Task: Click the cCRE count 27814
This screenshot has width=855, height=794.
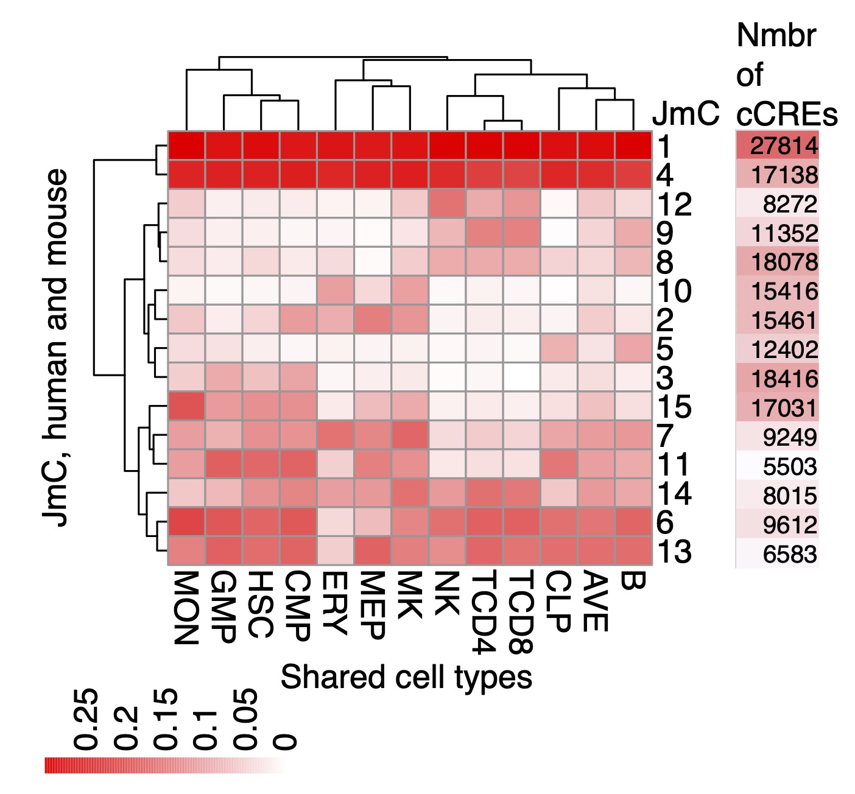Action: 784,146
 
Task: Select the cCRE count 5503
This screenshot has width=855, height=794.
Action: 789,467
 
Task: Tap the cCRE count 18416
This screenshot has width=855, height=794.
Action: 784,379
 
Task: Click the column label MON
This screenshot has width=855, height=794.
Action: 186,608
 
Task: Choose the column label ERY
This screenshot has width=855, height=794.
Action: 334,603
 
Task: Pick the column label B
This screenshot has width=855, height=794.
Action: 633,581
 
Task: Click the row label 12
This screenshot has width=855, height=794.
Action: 675,205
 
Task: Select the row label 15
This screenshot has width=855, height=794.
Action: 675,407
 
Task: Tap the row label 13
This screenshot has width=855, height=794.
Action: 675,552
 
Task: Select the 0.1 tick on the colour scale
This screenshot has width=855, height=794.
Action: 205,729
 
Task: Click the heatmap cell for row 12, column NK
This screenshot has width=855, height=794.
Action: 448,203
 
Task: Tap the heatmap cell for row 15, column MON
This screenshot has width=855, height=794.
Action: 187,406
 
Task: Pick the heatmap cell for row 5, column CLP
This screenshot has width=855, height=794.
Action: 559,348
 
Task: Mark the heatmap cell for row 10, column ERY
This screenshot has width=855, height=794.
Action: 336,290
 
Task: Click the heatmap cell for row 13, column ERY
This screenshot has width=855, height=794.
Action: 336,551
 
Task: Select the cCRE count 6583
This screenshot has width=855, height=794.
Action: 789,555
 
